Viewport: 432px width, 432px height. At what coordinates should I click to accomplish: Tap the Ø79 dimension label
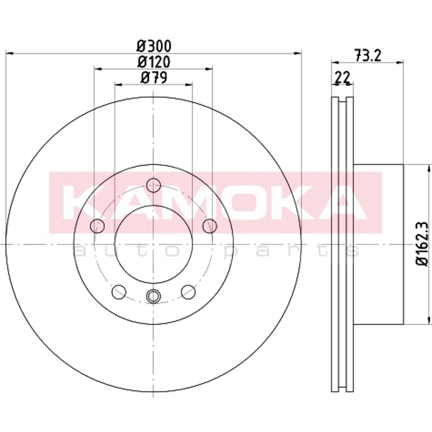(154, 78)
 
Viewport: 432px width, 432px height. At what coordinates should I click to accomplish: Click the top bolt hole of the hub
(153, 185)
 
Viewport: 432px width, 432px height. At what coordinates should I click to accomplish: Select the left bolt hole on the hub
(97, 226)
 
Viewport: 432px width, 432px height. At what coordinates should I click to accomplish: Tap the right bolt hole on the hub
(209, 226)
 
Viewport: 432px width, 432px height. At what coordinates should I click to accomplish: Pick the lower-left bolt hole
(119, 292)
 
